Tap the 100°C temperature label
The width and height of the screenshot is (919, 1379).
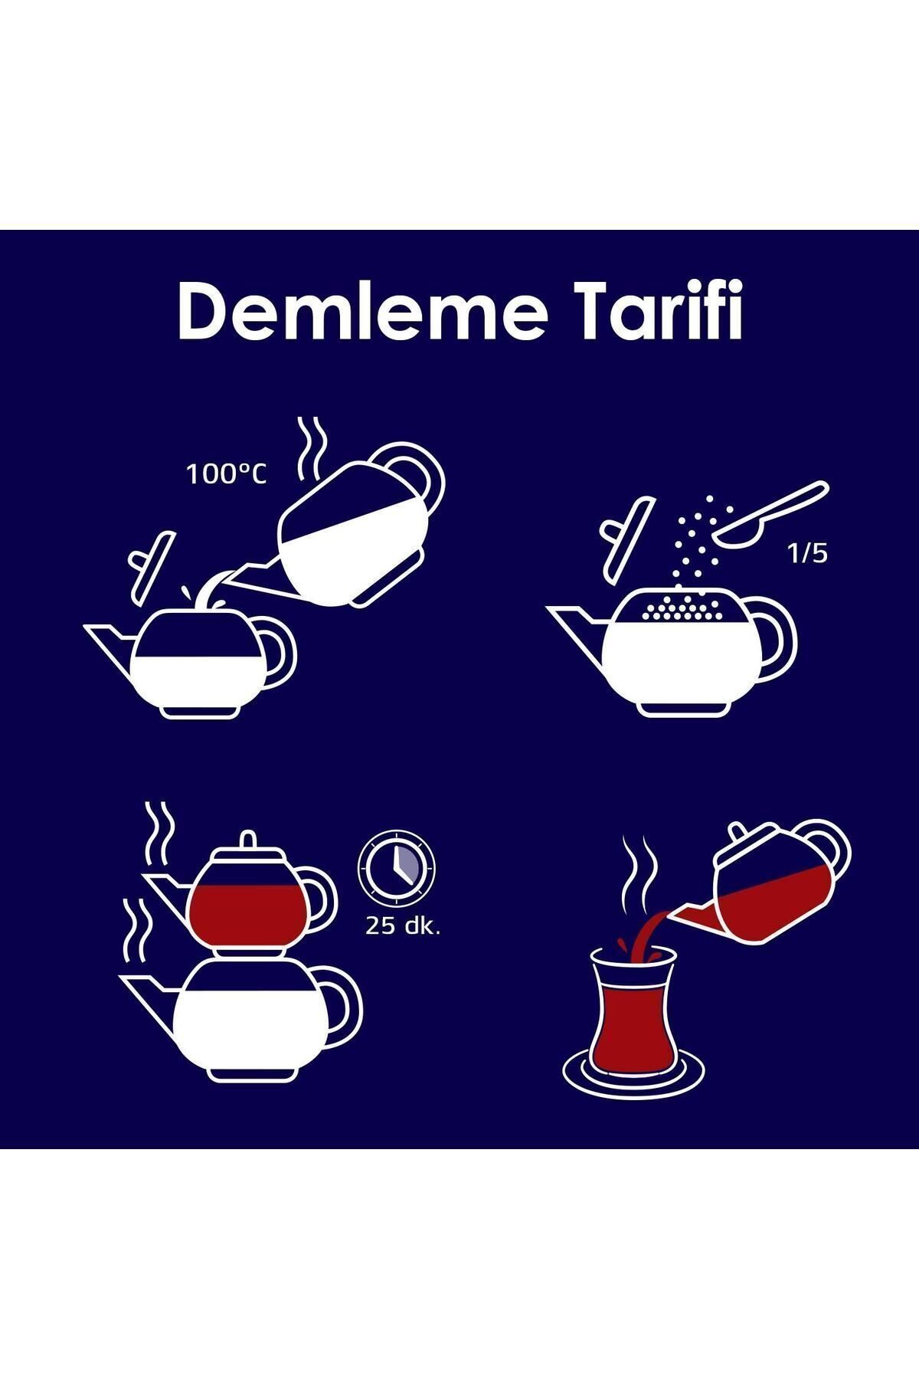pyautogui.click(x=227, y=475)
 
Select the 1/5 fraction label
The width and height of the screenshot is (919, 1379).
pyautogui.click(x=807, y=554)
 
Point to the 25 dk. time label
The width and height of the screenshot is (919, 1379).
pyautogui.click(x=403, y=926)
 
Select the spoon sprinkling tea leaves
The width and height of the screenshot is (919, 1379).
pyautogui.click(x=769, y=515)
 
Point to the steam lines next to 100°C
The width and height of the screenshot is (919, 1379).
pyautogui.click(x=312, y=449)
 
